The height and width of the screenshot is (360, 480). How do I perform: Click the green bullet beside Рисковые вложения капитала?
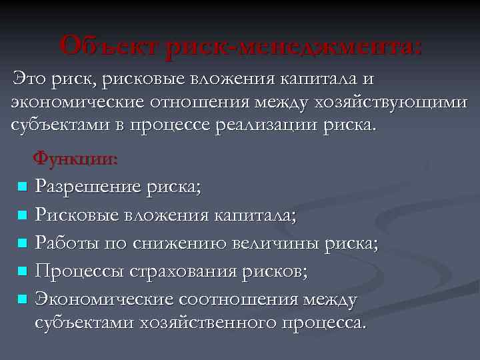(x=22, y=215)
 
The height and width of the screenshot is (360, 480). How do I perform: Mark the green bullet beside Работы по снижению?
(x=22, y=244)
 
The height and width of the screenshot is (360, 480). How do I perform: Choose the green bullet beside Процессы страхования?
(x=22, y=272)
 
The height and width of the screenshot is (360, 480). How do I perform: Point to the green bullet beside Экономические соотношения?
(x=22, y=300)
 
